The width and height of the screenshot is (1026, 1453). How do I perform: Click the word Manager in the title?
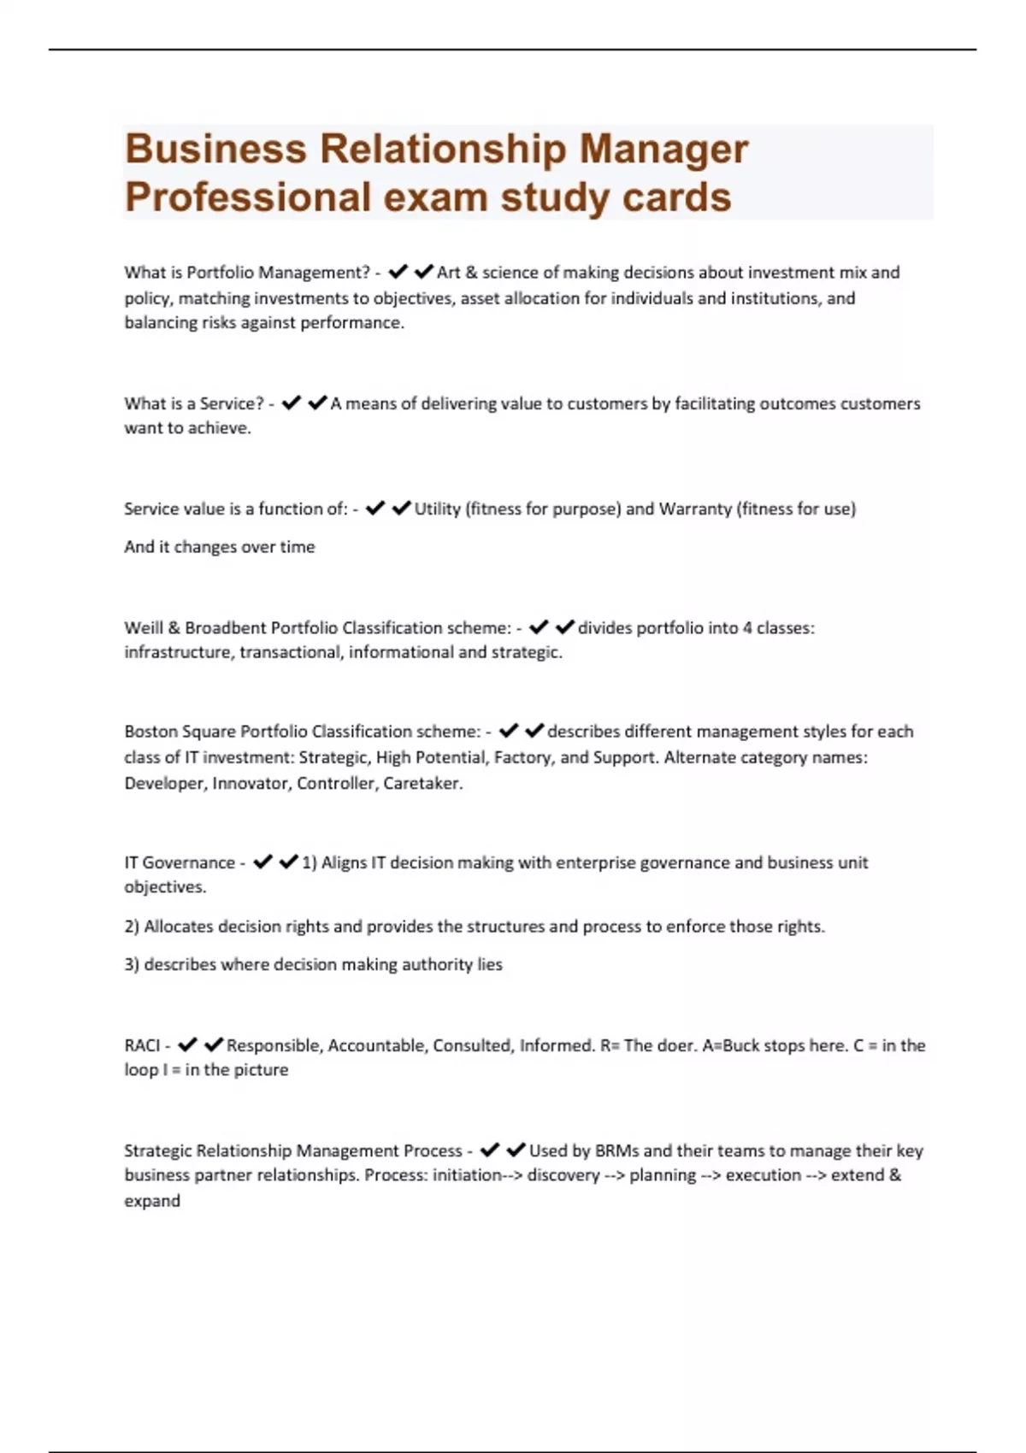tap(663, 150)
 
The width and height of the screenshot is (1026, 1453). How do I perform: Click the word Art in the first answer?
tap(449, 273)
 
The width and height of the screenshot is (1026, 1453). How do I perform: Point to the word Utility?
tap(437, 509)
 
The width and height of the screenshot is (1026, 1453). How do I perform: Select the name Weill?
tap(143, 628)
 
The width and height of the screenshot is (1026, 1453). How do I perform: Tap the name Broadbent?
tap(226, 628)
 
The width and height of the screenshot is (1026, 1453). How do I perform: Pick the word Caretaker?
tap(422, 784)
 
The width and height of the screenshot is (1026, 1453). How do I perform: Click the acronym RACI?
tap(142, 1046)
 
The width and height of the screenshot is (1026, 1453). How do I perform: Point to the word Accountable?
tap(375, 1046)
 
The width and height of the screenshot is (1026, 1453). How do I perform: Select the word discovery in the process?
tap(563, 1176)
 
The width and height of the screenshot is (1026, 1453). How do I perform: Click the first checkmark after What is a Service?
tap(291, 403)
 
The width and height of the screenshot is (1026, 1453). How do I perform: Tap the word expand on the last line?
tap(152, 1202)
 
